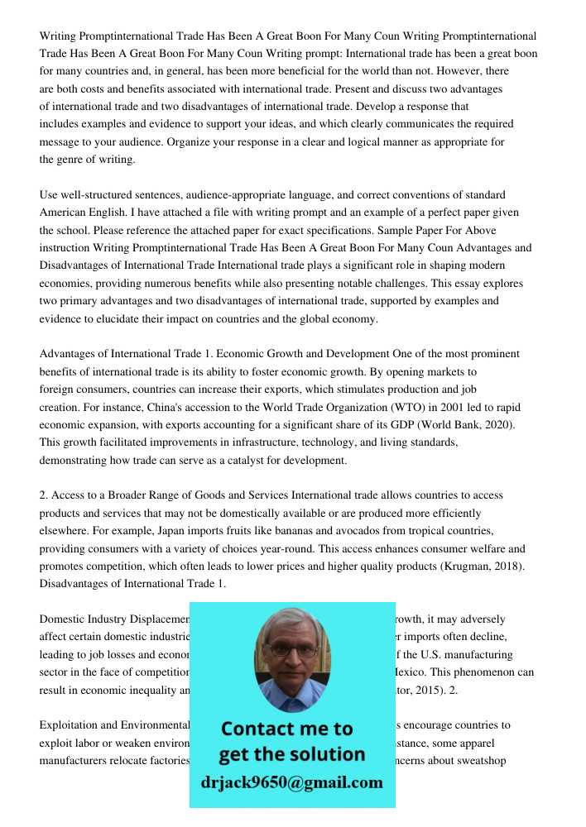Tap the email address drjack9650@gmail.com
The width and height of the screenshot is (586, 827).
coord(292,782)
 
